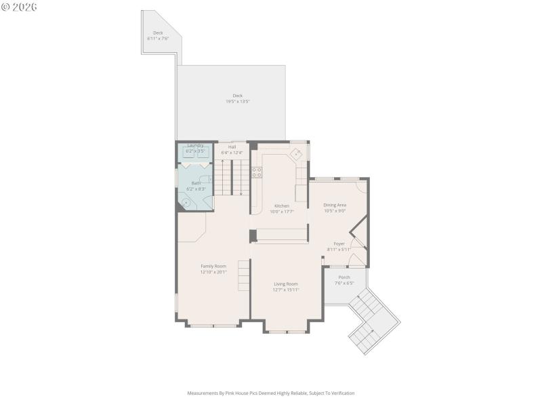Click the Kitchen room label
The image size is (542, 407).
coord(281,206)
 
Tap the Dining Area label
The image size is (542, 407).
coord(335,205)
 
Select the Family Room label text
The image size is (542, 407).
coord(213,266)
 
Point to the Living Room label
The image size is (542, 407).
coord(286,284)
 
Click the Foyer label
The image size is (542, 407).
coord(339,244)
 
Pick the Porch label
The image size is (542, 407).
coord(344,277)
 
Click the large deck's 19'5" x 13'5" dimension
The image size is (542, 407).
coord(238,102)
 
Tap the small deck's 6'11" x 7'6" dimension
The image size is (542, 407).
coord(157,39)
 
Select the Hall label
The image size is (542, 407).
coord(232,147)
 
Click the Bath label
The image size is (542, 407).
coord(196,182)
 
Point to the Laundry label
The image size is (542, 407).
coord(195,145)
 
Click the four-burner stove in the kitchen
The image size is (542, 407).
coord(257,172)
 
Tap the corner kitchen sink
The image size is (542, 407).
coord(297,154)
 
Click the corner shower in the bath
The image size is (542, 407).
coord(185,201)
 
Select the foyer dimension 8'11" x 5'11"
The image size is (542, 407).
coord(339,250)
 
